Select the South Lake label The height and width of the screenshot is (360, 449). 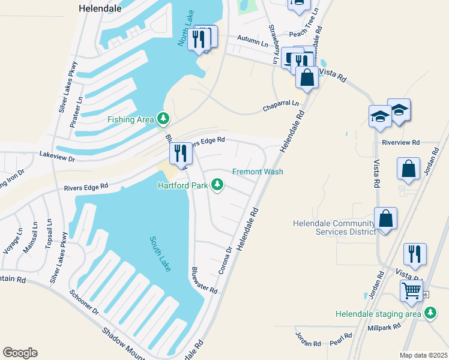[160, 254]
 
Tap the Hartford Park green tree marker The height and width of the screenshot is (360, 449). [217, 185]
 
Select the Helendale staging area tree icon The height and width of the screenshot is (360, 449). [430, 313]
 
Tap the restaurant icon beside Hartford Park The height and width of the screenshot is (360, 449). [181, 154]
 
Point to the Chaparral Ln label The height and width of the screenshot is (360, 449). [280, 106]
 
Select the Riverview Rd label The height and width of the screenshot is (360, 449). [400, 143]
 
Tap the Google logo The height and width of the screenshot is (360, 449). [20, 353]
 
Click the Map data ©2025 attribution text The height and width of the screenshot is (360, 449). [423, 355]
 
